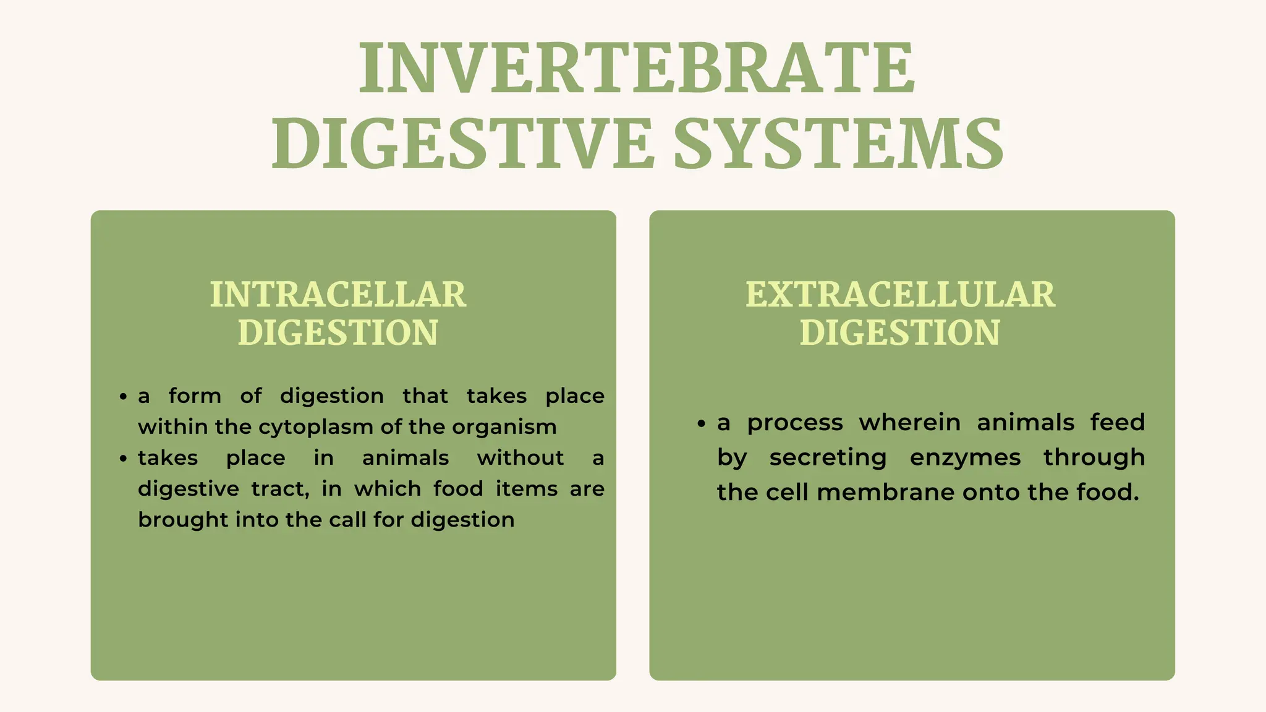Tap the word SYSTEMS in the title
point(838,143)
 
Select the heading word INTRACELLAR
point(338,294)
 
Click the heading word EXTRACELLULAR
point(900,294)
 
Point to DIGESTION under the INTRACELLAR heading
point(338,333)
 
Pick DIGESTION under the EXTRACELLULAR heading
point(900,333)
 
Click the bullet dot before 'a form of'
point(124,396)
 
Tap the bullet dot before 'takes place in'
point(124,459)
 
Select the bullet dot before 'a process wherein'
point(701,423)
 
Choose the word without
point(520,458)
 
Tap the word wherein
point(910,423)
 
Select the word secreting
point(828,458)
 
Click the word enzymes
point(965,458)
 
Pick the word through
point(1094,458)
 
